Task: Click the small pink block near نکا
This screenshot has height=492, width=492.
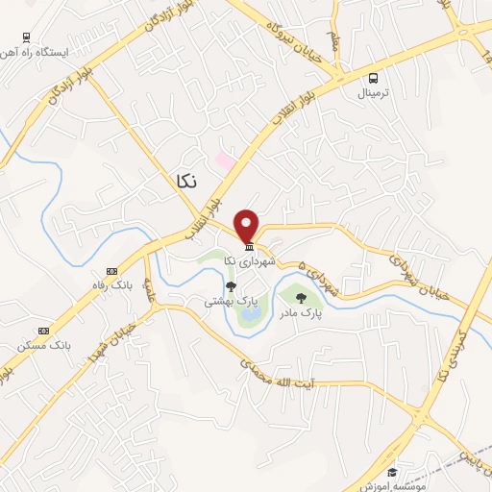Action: coord(224,159)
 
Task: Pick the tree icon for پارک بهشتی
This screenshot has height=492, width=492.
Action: coord(230,285)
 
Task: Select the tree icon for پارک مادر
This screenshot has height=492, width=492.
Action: coord(301,298)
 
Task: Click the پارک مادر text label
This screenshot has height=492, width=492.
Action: coord(301,312)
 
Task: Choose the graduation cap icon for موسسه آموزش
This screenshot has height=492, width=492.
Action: coord(392,472)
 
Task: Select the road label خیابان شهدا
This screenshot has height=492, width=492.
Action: coord(119,348)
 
